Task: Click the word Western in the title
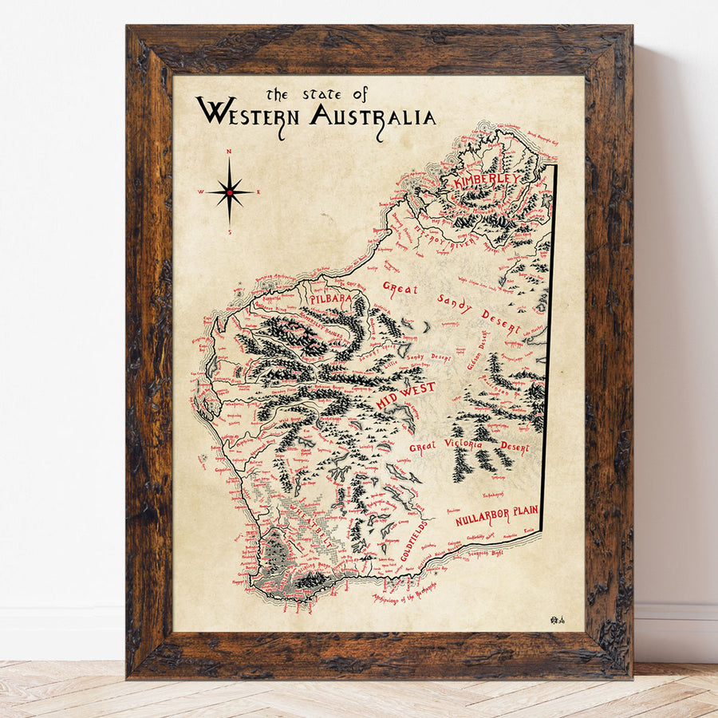point(247,113)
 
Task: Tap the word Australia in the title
point(373,116)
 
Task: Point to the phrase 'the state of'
point(317,94)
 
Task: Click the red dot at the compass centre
point(230,192)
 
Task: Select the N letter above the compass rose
point(230,151)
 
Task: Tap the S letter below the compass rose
point(230,232)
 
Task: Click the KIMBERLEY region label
point(486,181)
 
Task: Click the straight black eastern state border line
point(550,343)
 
